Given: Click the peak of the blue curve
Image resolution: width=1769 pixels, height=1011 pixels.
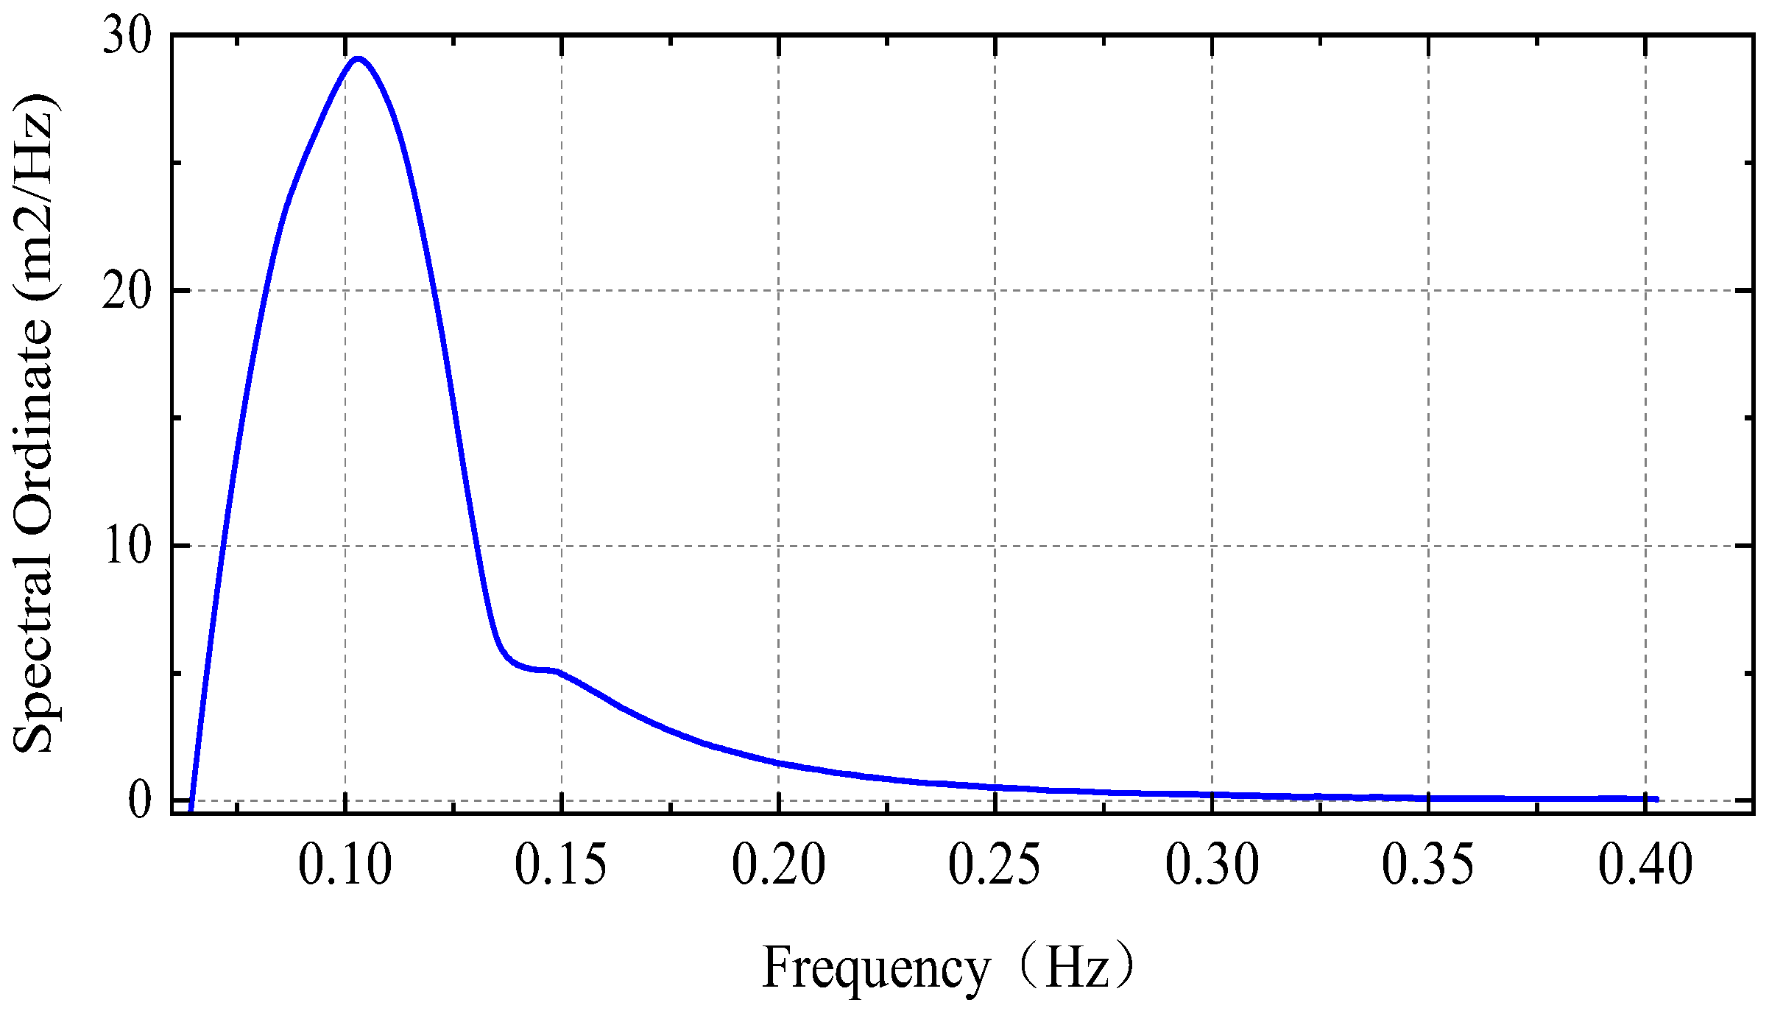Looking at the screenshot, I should (358, 59).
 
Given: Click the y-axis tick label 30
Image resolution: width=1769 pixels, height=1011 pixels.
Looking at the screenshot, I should (127, 35).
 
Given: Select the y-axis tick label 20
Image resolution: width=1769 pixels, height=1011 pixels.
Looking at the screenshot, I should (127, 291).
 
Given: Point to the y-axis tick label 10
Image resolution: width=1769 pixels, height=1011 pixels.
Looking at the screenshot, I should (127, 546).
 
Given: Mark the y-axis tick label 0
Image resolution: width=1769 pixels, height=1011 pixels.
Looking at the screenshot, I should (140, 801).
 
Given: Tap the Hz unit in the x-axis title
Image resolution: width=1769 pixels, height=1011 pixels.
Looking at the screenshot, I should (1076, 968).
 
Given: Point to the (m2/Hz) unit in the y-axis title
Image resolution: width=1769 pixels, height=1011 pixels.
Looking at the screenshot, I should (34, 199).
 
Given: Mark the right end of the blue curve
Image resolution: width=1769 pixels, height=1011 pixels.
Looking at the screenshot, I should (1656, 799).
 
